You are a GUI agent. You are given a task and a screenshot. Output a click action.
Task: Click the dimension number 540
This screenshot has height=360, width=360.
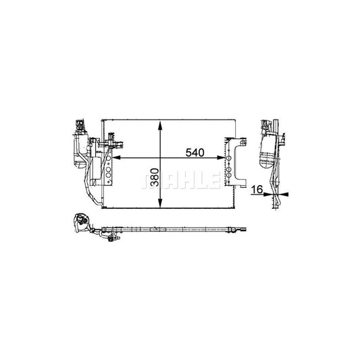click(x=195, y=153)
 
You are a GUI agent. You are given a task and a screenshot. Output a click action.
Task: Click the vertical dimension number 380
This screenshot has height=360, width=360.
click(x=154, y=178)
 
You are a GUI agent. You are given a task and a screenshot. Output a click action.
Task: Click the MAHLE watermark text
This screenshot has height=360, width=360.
click(x=180, y=182)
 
